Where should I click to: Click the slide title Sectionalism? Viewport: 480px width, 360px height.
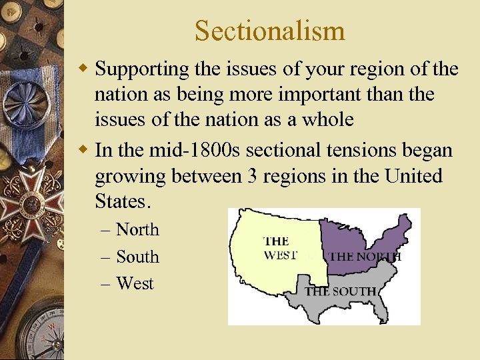point(270,31)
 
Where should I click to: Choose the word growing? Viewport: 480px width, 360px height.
point(131,177)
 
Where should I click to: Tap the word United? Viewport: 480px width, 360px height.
point(413,177)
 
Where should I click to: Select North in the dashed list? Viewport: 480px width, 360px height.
point(137,229)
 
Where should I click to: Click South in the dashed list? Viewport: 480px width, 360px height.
point(137,257)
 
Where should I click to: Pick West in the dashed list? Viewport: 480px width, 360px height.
point(135,283)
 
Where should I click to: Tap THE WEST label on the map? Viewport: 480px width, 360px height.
point(280,247)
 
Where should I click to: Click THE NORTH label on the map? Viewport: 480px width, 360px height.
point(365,256)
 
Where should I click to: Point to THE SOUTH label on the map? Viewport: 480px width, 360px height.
point(340,291)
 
